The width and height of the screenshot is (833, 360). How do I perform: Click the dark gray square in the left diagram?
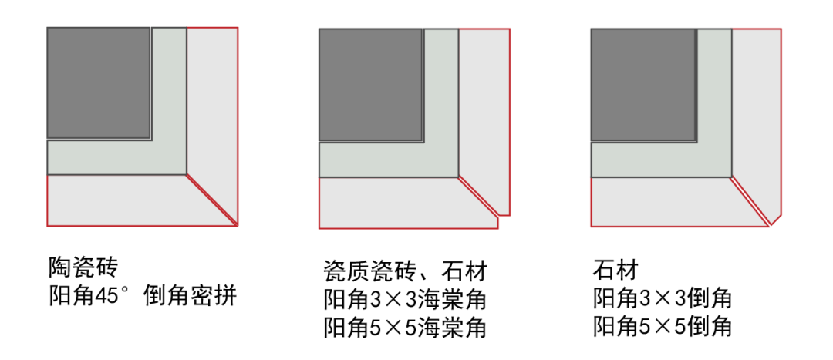(x=99, y=83)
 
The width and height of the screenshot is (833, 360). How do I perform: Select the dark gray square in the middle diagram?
(x=370, y=85)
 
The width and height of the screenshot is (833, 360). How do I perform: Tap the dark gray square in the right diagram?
(x=642, y=85)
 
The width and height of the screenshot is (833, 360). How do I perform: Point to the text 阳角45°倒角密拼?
(x=142, y=297)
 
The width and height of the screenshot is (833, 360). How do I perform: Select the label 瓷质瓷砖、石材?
(x=406, y=271)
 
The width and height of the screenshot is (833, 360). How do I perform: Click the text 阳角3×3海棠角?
(x=406, y=299)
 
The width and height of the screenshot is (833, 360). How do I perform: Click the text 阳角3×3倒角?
(x=662, y=299)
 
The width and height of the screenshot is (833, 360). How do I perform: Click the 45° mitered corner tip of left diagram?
(x=235, y=224)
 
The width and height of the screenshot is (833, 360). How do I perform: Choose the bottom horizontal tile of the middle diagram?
(x=397, y=203)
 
